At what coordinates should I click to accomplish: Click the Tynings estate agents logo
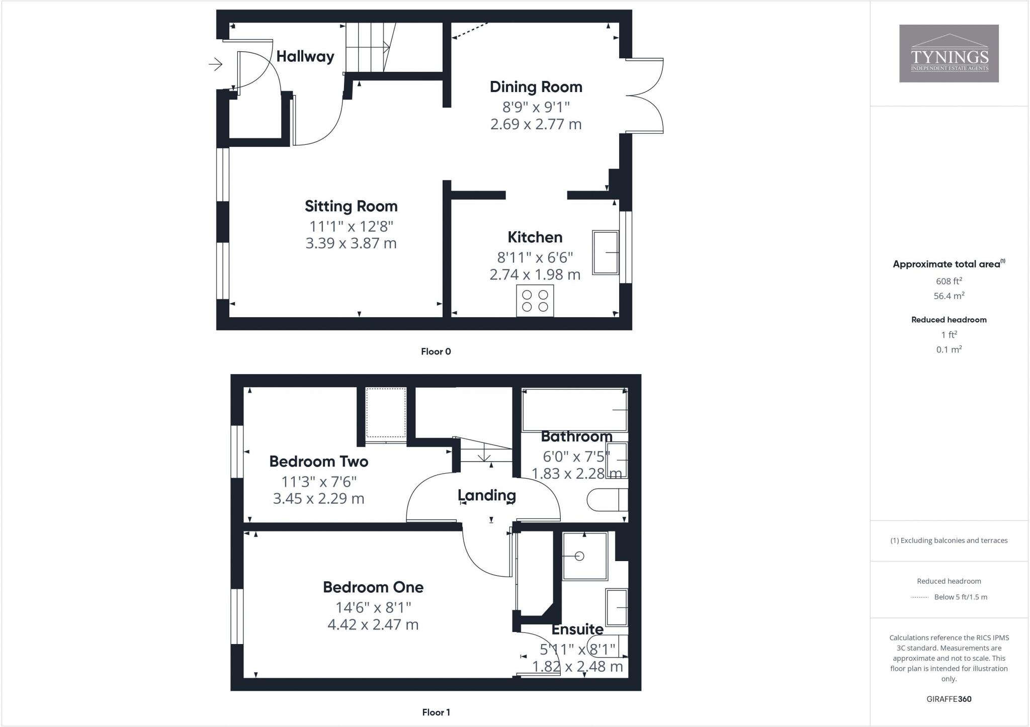pos(949,53)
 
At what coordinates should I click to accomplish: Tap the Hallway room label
pos(305,56)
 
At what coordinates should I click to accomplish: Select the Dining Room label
pos(536,87)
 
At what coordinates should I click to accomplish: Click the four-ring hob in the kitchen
pos(535,301)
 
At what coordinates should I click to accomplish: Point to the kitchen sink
pos(606,252)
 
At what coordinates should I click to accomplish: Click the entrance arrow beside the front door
pos(216,64)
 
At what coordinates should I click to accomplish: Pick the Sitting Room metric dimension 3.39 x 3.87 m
pos(351,243)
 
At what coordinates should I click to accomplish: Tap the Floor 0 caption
pos(436,351)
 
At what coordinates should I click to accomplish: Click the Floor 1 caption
pos(436,712)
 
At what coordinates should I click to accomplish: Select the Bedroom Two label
pos(319,461)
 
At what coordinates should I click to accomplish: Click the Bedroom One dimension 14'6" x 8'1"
pos(373,607)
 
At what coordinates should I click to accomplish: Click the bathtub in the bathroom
pos(574,410)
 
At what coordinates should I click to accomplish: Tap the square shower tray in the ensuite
pos(585,556)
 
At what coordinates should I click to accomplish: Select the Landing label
pos(487,495)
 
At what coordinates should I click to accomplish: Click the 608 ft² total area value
pos(949,281)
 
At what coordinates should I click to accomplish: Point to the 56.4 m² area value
pos(949,296)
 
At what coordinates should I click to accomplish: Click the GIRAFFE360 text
pos(949,699)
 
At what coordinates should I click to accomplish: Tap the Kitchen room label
pos(535,237)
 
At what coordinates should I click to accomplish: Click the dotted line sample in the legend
pos(919,597)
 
